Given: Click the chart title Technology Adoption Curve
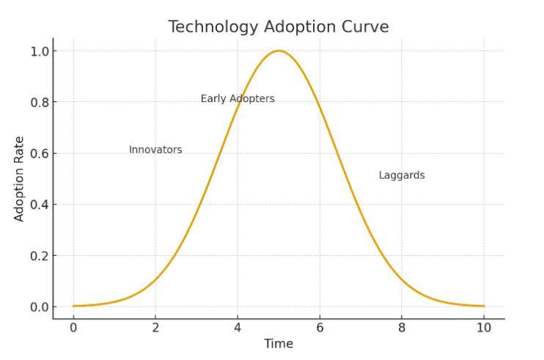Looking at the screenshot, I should pyautogui.click(x=279, y=27).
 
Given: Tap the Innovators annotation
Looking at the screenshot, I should pyautogui.click(x=155, y=150).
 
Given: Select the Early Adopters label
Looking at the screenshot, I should pyautogui.click(x=238, y=99).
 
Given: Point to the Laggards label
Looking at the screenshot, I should pyautogui.click(x=402, y=176).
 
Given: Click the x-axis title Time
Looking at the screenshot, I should pyautogui.click(x=279, y=344).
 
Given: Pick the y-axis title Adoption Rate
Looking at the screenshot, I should pyautogui.click(x=19, y=179).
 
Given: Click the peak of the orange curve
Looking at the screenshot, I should pyautogui.click(x=279, y=51).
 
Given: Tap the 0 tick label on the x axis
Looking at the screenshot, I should pyautogui.click(x=73, y=328).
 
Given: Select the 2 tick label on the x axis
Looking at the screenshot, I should pyautogui.click(x=155, y=328).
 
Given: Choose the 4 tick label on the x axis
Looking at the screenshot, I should pyautogui.click(x=238, y=328).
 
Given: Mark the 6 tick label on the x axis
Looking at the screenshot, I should pyautogui.click(x=320, y=328).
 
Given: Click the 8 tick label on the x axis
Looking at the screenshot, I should pyautogui.click(x=402, y=328).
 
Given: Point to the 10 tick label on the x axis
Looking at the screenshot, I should pyautogui.click(x=484, y=328).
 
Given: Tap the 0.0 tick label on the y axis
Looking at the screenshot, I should pyautogui.click(x=40, y=306).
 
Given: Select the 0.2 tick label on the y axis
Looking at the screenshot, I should pyautogui.click(x=40, y=256).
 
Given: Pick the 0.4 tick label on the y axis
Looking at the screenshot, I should pyautogui.click(x=40, y=205).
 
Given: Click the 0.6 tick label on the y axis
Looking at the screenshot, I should pyautogui.click(x=40, y=153).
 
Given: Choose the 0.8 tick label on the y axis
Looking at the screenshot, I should pyautogui.click(x=40, y=102).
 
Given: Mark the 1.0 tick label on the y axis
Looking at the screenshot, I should pyautogui.click(x=40, y=51).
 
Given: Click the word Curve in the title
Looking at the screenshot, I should pyautogui.click(x=364, y=27).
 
